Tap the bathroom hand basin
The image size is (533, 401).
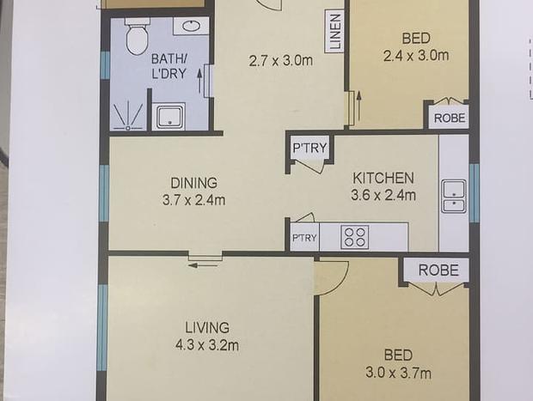(x=191, y=26)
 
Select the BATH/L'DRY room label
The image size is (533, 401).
(x=169, y=66)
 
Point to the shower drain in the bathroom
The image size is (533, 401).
(x=128, y=128)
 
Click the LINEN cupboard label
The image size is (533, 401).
(x=334, y=31)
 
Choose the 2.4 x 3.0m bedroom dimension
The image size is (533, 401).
(x=416, y=55)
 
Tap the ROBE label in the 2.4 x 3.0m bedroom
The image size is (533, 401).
(x=450, y=118)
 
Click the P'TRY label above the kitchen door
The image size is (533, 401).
(x=309, y=148)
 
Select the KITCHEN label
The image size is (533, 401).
(x=383, y=179)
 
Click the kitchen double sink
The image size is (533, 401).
(x=454, y=197)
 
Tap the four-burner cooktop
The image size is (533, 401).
(x=355, y=237)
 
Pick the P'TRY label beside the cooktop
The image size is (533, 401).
(x=304, y=238)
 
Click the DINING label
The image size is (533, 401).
(x=193, y=183)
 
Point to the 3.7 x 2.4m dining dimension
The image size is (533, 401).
(x=193, y=200)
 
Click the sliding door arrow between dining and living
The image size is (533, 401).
(x=198, y=265)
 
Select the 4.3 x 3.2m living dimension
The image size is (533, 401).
(x=207, y=345)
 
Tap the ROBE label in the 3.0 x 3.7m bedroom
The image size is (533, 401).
(x=438, y=270)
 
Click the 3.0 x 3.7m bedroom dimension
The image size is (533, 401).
(x=398, y=374)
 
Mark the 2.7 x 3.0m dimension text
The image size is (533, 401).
(x=281, y=61)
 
